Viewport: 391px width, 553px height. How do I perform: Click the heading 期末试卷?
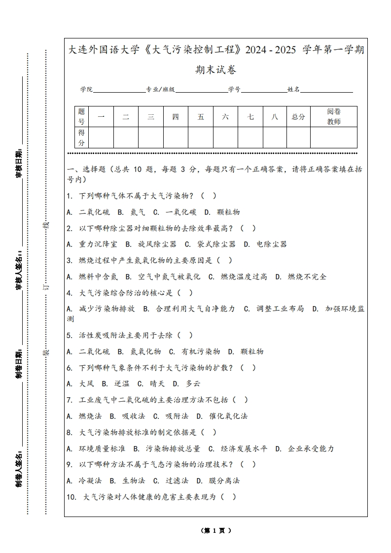(x=215, y=70)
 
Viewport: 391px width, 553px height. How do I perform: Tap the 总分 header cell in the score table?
(x=298, y=117)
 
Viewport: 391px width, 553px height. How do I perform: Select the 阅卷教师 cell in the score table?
(x=334, y=117)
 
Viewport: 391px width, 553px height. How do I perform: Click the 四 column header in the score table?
(x=176, y=117)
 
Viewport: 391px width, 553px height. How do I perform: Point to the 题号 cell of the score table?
(x=81, y=117)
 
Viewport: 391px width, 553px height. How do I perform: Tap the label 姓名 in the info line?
(x=293, y=90)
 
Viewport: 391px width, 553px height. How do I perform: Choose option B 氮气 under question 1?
(x=131, y=212)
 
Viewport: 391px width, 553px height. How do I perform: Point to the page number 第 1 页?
(x=216, y=530)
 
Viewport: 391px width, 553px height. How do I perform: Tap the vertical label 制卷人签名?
(x=19, y=468)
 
